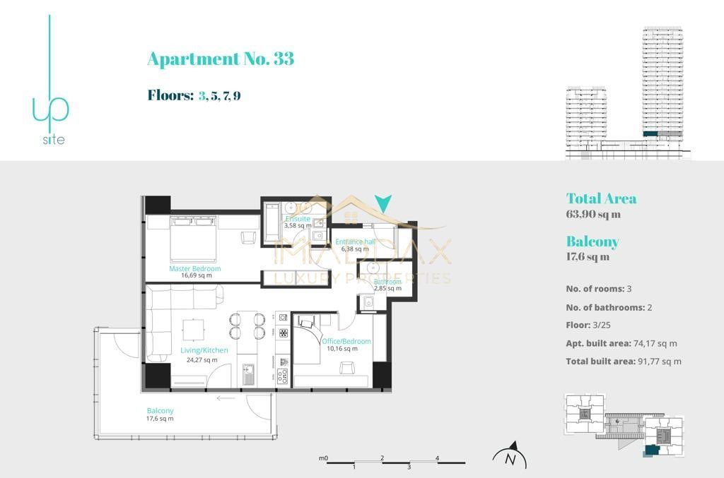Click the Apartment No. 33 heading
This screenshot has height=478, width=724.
click(220, 59)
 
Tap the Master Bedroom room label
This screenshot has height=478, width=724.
click(194, 269)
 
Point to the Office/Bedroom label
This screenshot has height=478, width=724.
click(346, 342)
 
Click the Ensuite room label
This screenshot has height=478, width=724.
click(298, 219)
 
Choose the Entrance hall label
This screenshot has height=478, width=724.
click(355, 241)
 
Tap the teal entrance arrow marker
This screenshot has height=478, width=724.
click(383, 204)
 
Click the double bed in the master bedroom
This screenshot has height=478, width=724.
click(193, 238)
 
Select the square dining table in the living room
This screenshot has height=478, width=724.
click(193, 330)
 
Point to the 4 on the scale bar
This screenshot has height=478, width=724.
click(438, 458)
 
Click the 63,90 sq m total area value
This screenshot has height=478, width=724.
click(593, 215)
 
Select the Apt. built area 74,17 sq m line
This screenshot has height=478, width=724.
click(621, 344)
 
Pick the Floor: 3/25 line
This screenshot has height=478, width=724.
click(599, 325)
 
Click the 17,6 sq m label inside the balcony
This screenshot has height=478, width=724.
click(160, 419)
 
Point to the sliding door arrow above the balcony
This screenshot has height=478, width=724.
click(226, 398)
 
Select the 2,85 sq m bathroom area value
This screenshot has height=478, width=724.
click(387, 289)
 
